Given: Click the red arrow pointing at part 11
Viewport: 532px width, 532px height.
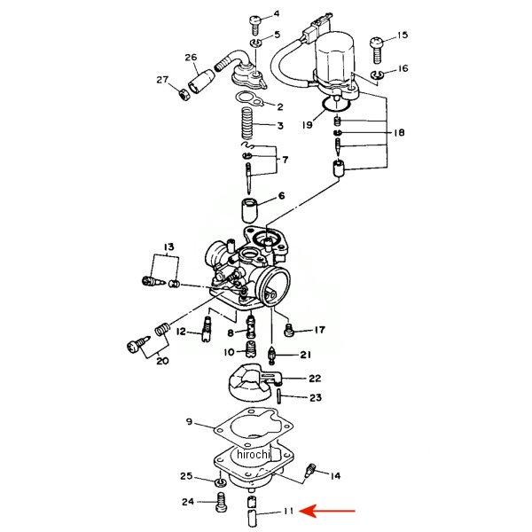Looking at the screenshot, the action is (x=328, y=511).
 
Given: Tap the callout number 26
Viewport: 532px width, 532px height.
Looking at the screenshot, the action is (x=191, y=57).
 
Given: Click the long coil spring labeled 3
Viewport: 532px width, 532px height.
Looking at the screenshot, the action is (x=248, y=123).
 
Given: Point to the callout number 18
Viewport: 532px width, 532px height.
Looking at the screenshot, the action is (x=399, y=132).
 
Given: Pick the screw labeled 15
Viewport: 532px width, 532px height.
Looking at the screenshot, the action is (x=377, y=51).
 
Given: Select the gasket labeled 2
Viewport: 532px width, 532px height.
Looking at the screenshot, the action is (x=249, y=99).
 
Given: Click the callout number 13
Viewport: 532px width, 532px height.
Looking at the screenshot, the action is (x=169, y=246).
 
